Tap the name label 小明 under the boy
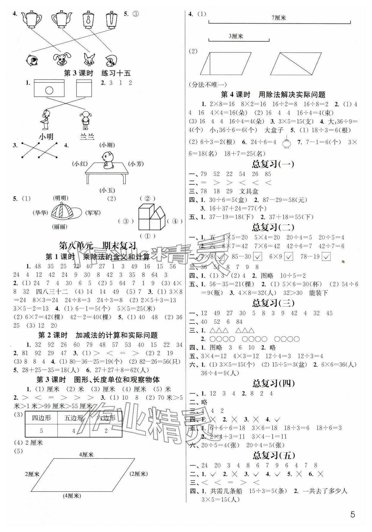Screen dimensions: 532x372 [x=46, y=137]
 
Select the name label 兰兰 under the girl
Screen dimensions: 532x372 [x=87, y=137]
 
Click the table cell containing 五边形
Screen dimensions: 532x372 [x=74, y=418]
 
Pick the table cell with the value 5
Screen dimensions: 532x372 [x=41, y=430]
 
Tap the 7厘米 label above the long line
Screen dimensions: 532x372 [x=279, y=18]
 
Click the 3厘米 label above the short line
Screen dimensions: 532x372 [x=236, y=36]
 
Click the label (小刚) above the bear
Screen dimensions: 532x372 [x=107, y=145]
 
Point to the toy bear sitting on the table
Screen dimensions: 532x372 [x=107, y=160]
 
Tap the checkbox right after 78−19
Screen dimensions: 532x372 [x=326, y=257]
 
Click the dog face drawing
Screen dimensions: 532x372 [x=62, y=60]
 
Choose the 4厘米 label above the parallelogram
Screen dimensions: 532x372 [x=86, y=455]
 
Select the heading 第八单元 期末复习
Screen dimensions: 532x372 [x=98, y=246]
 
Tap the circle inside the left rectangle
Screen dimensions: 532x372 [x=49, y=90]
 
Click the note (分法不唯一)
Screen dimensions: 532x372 [x=208, y=85]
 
